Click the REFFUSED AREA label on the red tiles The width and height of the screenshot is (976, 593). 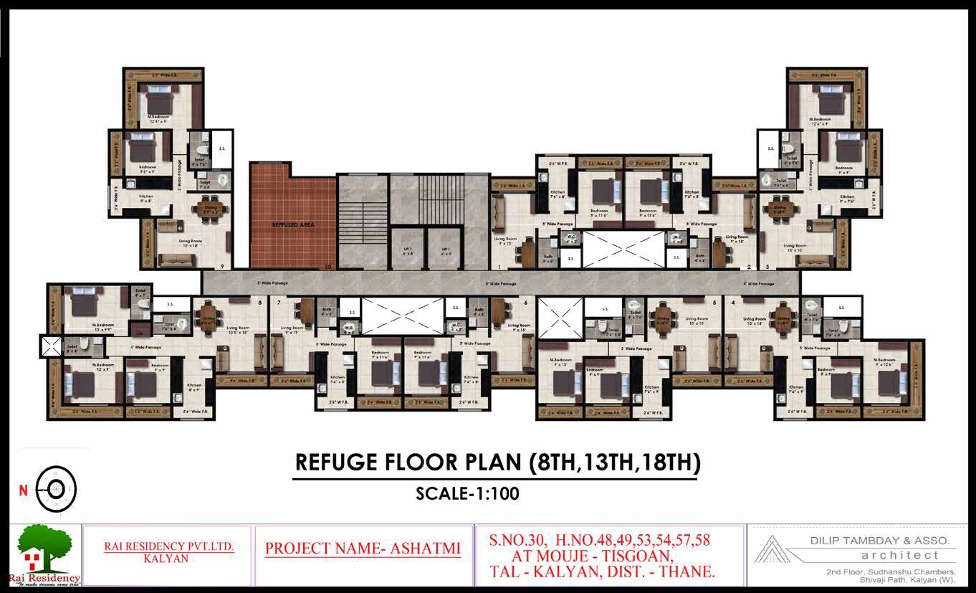pos(293,224)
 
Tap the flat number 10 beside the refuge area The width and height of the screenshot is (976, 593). pos(327,267)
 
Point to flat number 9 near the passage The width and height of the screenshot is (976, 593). pos(223,267)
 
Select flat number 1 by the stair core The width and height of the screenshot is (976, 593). pos(499,267)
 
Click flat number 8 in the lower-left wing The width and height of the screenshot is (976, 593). pos(259,303)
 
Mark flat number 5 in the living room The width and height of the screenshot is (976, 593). pos(715,303)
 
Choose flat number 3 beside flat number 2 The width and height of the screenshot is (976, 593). pos(767,267)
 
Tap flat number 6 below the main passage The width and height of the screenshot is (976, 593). pos(526,303)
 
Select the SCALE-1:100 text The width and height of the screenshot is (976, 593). pos(467,493)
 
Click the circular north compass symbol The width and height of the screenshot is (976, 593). pos(57,489)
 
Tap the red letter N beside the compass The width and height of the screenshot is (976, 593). pos(23,491)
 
